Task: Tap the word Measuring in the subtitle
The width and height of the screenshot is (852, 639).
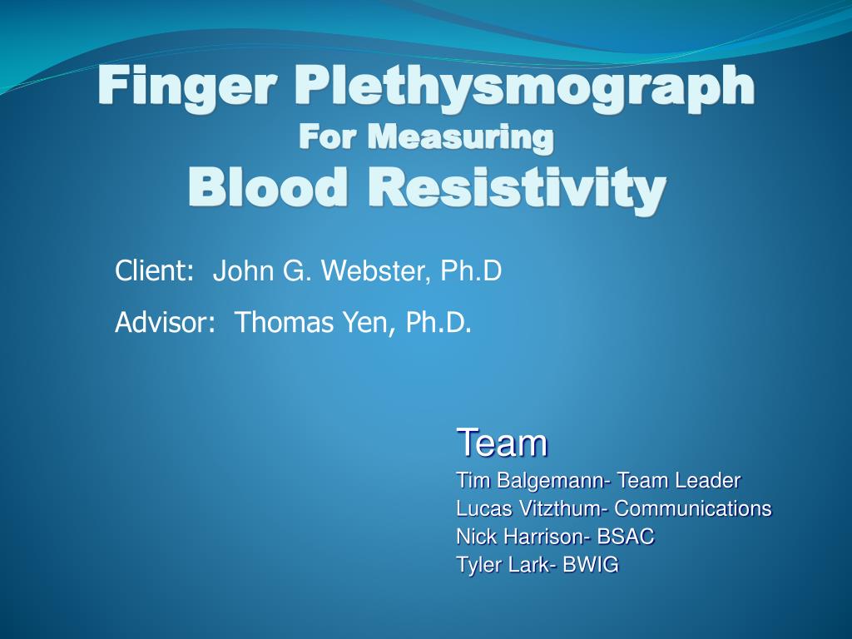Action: coord(461,136)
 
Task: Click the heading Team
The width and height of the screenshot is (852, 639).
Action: coord(502,443)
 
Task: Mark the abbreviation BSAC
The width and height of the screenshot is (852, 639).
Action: coord(626,537)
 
